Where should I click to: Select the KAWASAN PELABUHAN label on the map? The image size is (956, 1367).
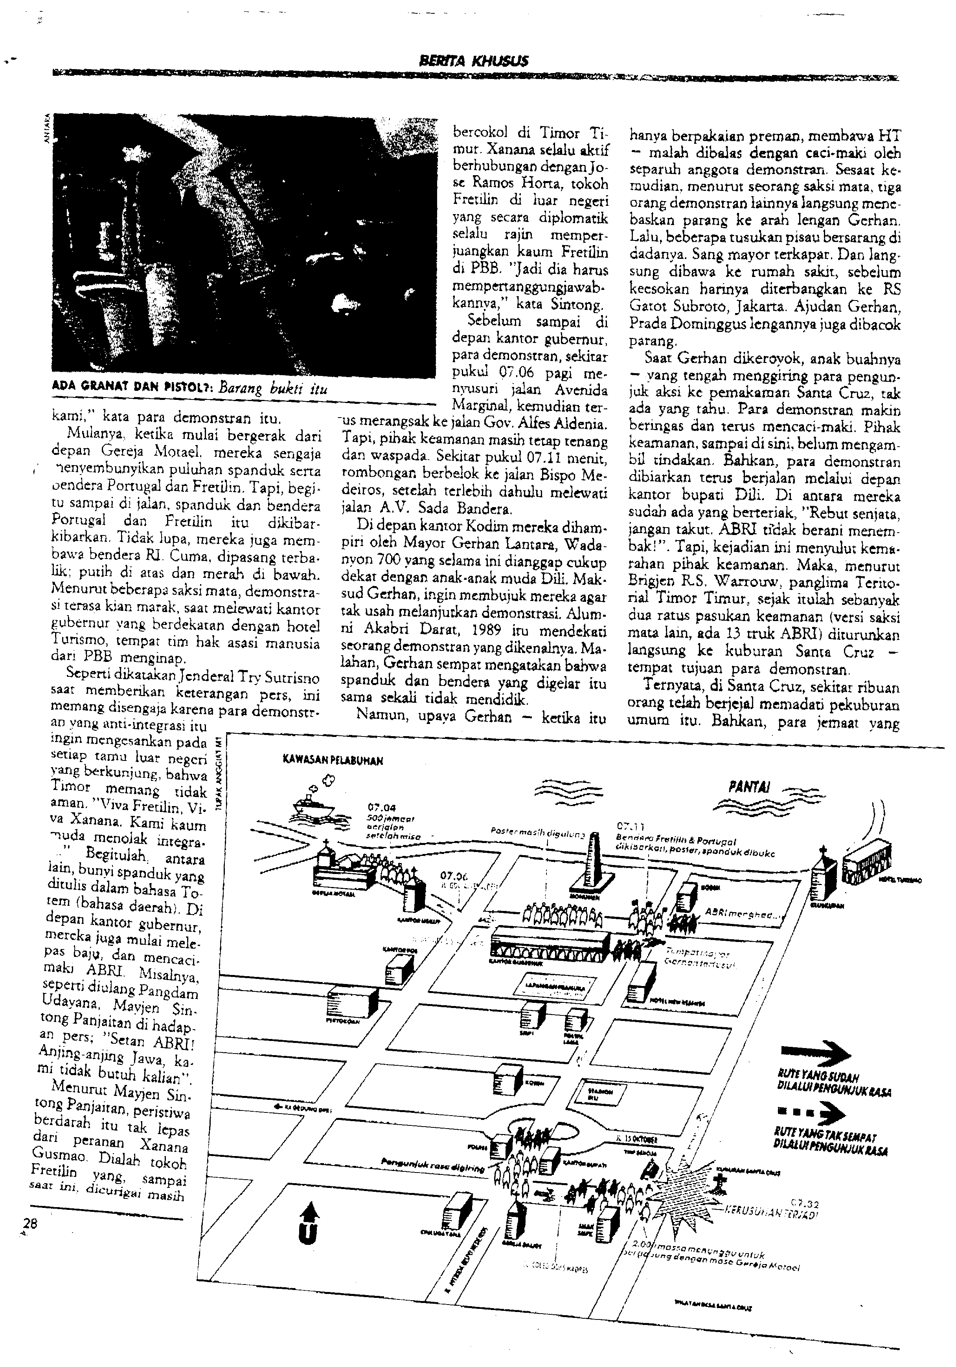pyautogui.click(x=333, y=760)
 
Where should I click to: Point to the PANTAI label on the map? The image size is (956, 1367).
pyautogui.click(x=749, y=787)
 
